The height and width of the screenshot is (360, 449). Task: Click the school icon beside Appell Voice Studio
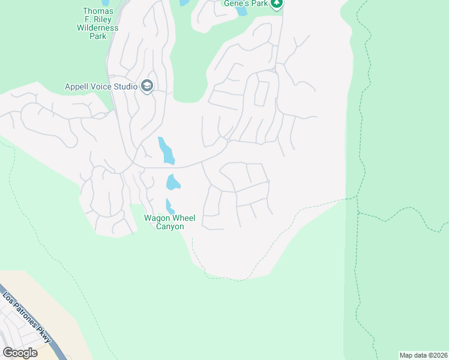coord(147,86)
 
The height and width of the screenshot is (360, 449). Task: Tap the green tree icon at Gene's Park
coord(276,4)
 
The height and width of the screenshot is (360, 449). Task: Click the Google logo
coord(20,352)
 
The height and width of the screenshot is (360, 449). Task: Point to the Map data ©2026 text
coord(423,355)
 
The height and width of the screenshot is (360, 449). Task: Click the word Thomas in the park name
coord(98,11)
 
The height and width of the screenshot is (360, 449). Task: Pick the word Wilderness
coord(98,28)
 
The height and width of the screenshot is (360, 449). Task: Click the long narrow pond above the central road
coord(166,151)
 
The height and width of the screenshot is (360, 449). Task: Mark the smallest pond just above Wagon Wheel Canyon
coord(169,206)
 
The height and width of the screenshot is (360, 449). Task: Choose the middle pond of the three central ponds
coord(173,181)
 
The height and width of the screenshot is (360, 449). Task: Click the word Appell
coord(77,86)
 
